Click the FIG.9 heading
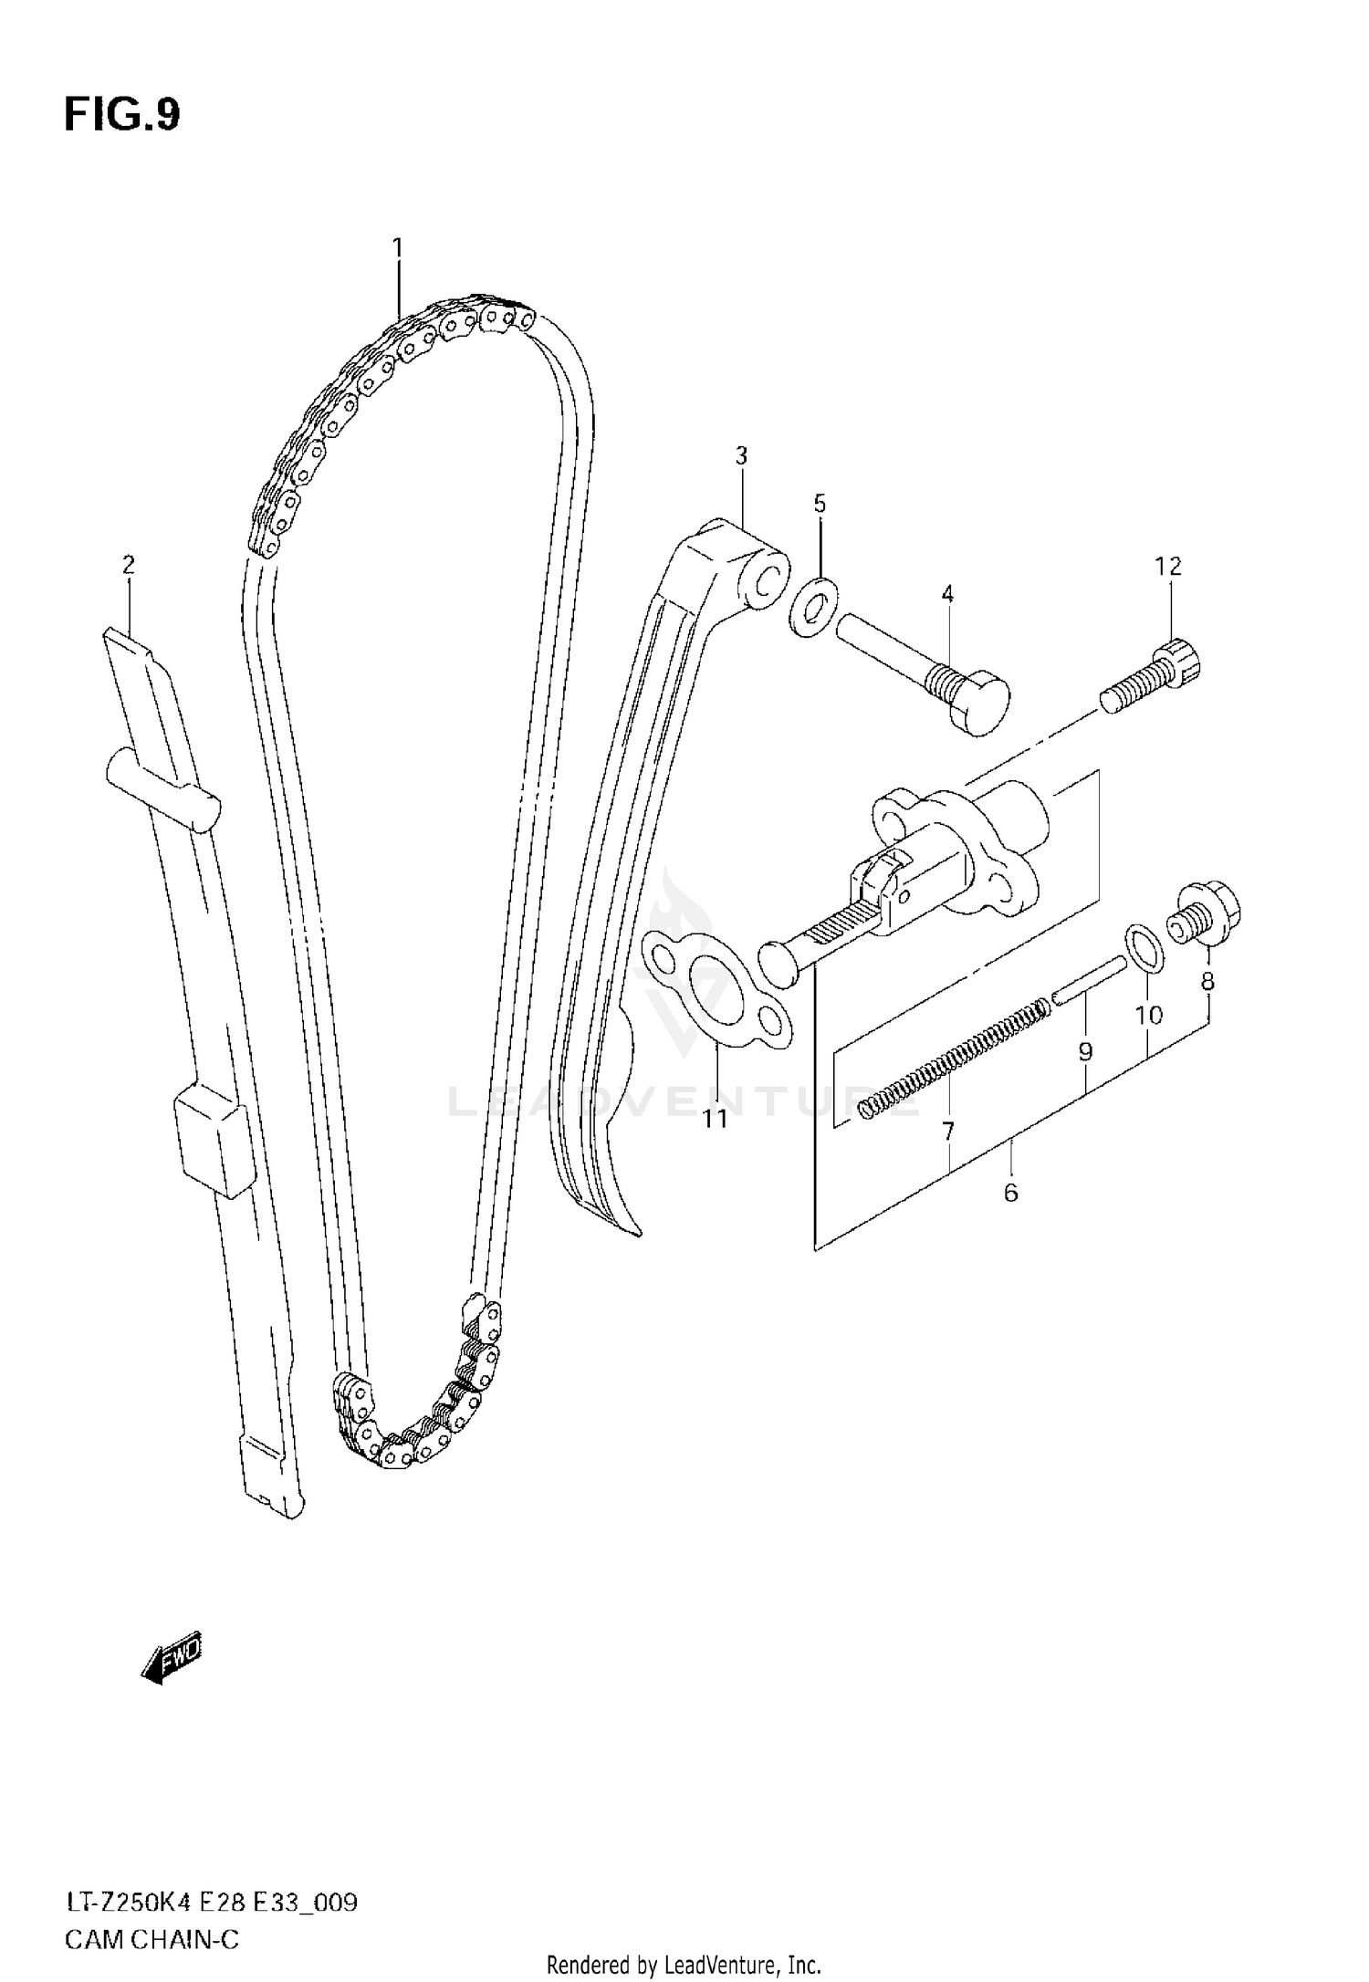(x=122, y=116)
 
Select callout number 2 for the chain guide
(x=129, y=565)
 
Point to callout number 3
(x=741, y=455)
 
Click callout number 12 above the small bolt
(x=1168, y=567)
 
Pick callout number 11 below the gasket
(x=716, y=1117)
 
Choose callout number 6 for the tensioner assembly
(x=1010, y=1192)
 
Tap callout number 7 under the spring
(x=948, y=1132)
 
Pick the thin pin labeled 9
(x=1090, y=981)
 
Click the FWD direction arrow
(x=172, y=1653)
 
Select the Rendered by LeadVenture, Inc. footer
(x=684, y=1964)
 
